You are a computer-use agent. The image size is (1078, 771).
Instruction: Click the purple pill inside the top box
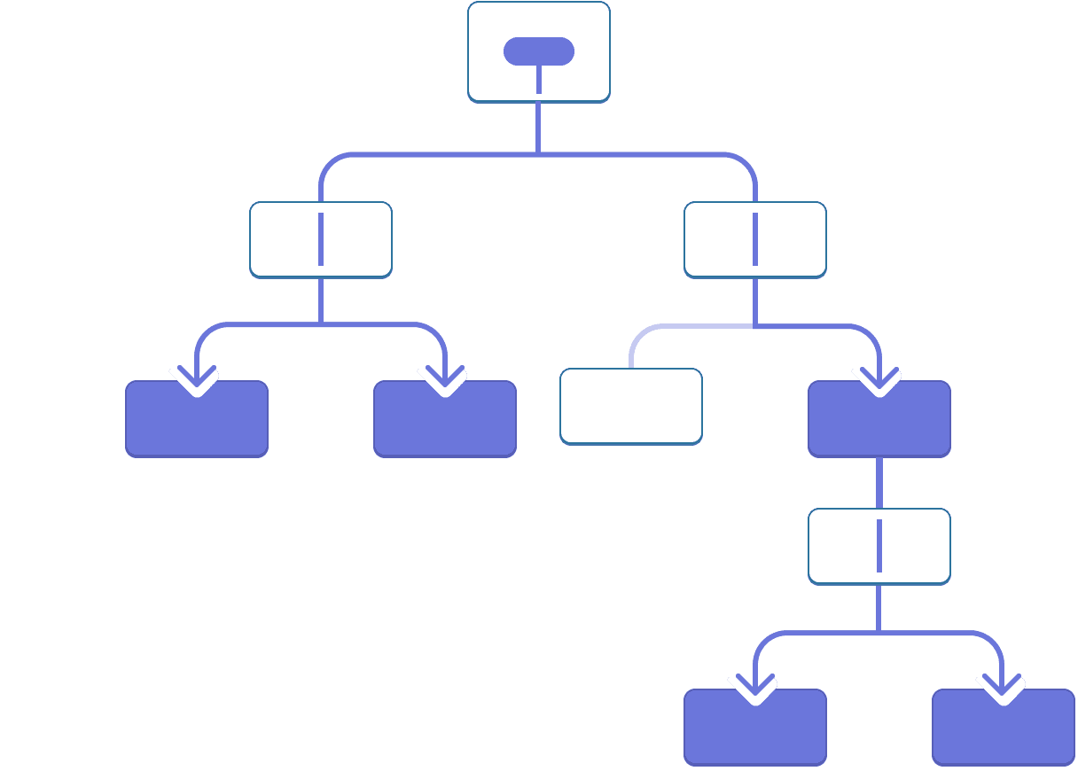(538, 51)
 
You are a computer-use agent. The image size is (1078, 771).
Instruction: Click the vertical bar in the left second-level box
(321, 239)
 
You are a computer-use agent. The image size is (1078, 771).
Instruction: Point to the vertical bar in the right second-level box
(755, 239)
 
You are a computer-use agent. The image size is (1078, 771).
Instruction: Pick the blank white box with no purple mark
(631, 406)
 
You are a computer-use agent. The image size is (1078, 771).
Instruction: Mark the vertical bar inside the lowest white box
(879, 546)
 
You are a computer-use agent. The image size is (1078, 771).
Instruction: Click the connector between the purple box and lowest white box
(879, 483)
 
